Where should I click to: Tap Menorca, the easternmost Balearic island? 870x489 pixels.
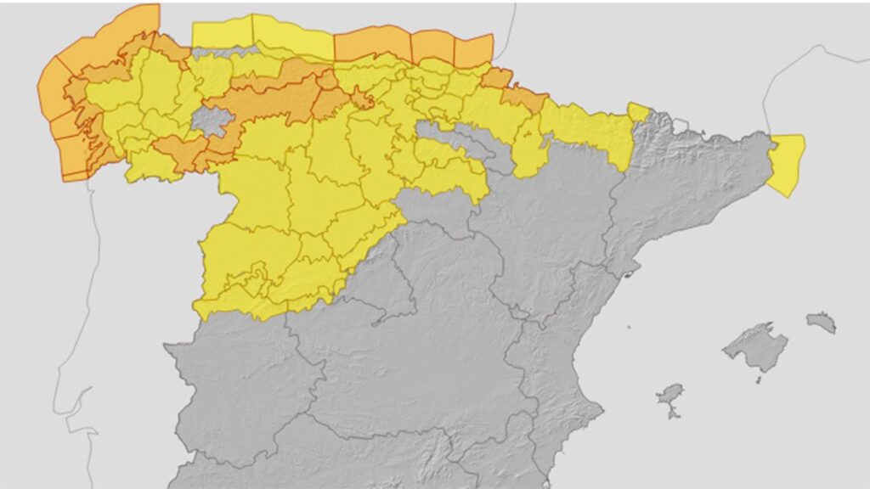(821, 322)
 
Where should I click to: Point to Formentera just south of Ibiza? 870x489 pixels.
(674, 415)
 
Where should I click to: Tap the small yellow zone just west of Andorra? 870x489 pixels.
(637, 111)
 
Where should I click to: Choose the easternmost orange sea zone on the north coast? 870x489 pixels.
(473, 49)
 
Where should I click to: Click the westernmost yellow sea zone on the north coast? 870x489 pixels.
(223, 33)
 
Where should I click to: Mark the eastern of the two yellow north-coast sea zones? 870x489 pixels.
(292, 38)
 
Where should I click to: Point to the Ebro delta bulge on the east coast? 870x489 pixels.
(630, 273)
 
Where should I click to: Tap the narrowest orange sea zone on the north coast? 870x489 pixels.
(432, 47)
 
